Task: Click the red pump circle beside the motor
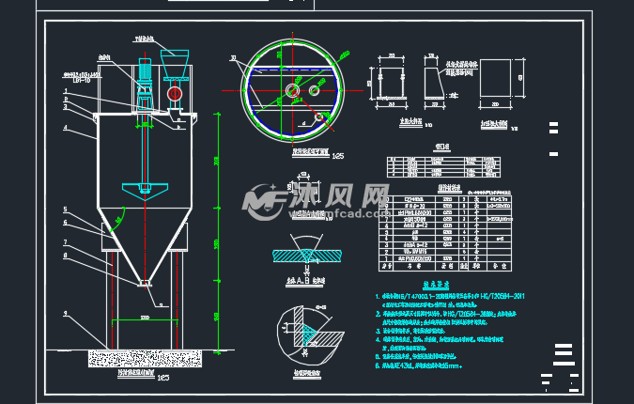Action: coord(176,95)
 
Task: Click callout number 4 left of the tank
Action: coord(66,127)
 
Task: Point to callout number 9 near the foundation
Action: coord(66,312)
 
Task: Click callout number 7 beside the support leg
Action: coord(66,241)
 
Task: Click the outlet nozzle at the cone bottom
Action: coord(144,282)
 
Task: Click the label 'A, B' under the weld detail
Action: coord(300,279)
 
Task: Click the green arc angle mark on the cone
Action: coord(116,223)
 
